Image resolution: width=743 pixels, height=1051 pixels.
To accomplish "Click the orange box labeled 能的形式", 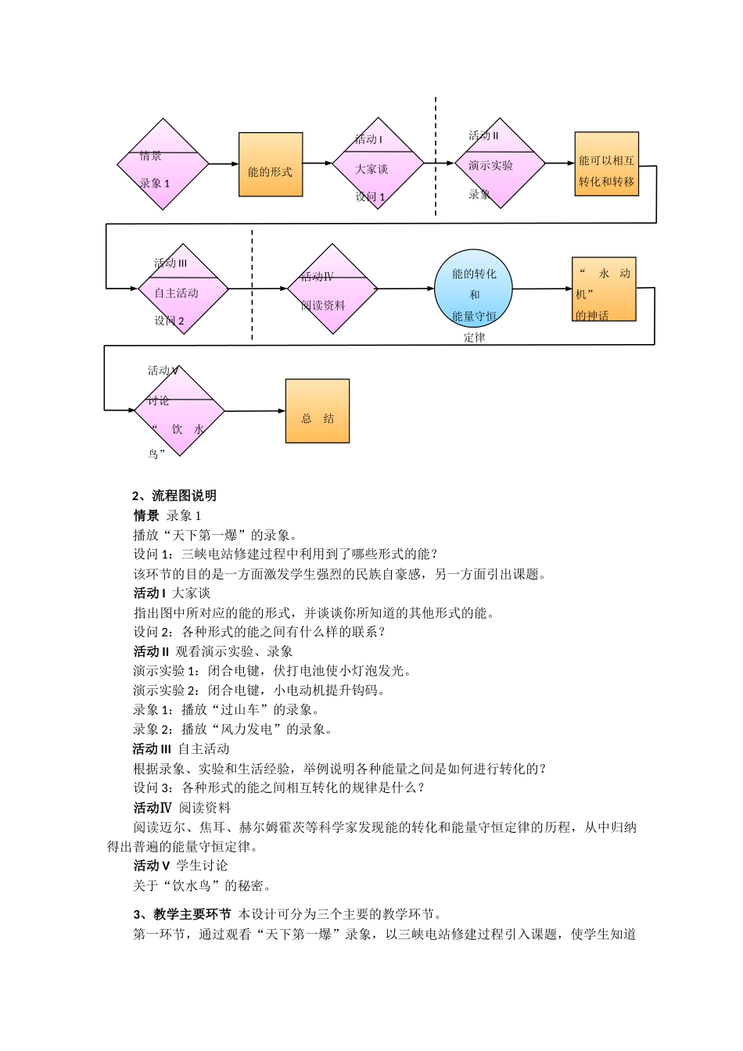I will [x=271, y=164].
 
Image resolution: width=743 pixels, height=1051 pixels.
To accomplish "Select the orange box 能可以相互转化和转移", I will [x=607, y=163].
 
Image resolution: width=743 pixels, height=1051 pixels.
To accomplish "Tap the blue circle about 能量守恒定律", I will [x=474, y=289].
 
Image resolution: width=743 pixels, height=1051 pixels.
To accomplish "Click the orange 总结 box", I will [x=318, y=411].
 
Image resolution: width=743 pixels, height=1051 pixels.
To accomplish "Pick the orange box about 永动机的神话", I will [x=604, y=289].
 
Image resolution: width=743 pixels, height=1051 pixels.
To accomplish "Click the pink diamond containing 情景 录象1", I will [x=163, y=164].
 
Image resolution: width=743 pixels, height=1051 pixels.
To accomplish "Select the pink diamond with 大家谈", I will [x=378, y=163].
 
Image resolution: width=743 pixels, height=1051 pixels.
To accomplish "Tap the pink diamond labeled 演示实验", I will [x=500, y=163].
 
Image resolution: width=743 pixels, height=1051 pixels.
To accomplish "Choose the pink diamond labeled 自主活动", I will [x=183, y=289].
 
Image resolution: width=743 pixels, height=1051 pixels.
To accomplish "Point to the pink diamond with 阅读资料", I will [x=332, y=289].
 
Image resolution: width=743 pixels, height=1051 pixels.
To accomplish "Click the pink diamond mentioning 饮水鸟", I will [x=180, y=411].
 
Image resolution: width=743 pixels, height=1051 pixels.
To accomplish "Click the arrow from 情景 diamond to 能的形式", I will [x=224, y=164].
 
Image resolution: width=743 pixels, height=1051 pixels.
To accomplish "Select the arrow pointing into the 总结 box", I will [x=255, y=411].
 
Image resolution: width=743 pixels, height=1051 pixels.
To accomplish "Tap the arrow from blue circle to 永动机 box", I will [x=543, y=289].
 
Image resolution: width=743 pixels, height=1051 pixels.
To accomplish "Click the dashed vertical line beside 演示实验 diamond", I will [x=436, y=156].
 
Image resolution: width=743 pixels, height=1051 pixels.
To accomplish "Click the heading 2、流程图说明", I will [x=174, y=496].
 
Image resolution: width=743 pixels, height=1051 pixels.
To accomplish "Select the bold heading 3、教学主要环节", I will [x=182, y=914].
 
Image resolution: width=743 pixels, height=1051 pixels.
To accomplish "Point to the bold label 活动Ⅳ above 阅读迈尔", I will [x=153, y=808].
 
